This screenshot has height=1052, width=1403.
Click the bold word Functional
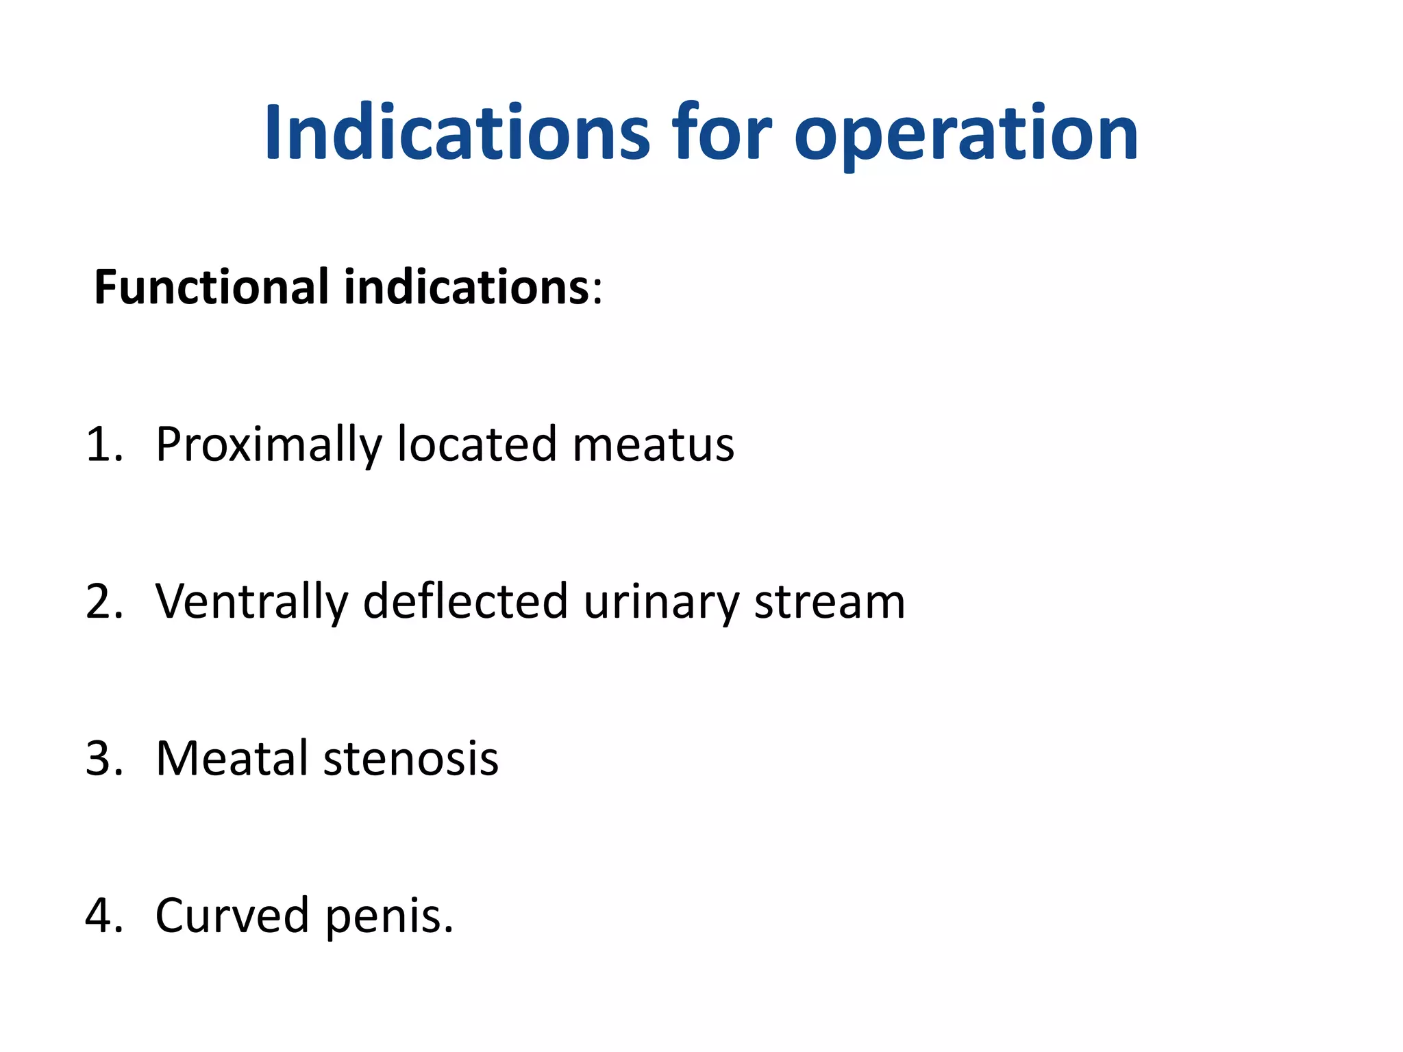[211, 287]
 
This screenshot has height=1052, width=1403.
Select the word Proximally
[268, 446]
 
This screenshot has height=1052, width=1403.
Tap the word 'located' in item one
[477, 444]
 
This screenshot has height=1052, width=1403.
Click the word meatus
[653, 446]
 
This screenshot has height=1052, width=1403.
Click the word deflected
[465, 601]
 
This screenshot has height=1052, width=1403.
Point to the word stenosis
[411, 759]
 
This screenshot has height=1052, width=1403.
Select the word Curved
[232, 916]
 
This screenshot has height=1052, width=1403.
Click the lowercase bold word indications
[467, 287]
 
